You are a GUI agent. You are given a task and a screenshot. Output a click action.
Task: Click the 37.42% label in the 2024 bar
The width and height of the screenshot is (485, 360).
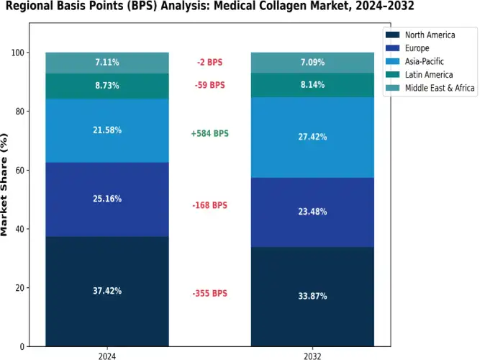click(107, 291)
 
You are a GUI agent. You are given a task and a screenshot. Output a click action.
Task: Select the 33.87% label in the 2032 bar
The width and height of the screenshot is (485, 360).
click(312, 296)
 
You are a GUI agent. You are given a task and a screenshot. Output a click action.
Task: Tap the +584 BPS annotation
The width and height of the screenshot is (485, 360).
click(210, 134)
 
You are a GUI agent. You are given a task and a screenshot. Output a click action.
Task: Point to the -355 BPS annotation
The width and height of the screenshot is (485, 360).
click(209, 294)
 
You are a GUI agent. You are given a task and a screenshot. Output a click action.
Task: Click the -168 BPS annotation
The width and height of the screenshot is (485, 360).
click(209, 205)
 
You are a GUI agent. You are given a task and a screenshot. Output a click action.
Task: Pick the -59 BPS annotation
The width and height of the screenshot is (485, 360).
click(209, 85)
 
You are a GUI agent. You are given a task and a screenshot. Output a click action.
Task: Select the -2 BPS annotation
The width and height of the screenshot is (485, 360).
click(209, 63)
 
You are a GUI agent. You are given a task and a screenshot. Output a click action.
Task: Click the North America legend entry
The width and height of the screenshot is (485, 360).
click(430, 35)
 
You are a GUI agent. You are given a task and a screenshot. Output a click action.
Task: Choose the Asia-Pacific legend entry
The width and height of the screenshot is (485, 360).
click(425, 61)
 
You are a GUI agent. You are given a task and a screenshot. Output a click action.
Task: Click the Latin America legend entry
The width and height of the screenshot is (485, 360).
click(429, 74)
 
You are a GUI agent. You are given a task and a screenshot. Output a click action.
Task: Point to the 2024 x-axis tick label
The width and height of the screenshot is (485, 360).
click(107, 356)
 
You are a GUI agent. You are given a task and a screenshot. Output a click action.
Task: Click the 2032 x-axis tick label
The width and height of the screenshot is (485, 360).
click(312, 356)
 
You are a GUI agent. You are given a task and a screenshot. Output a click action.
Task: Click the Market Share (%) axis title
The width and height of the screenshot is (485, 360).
click(6, 184)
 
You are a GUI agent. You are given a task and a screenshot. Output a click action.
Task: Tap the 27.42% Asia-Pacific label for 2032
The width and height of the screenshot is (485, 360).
click(312, 137)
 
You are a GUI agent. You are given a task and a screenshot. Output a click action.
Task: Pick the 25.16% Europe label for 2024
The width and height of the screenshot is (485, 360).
click(107, 199)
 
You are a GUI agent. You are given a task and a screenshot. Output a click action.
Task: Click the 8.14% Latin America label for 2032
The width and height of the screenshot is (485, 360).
click(312, 85)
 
